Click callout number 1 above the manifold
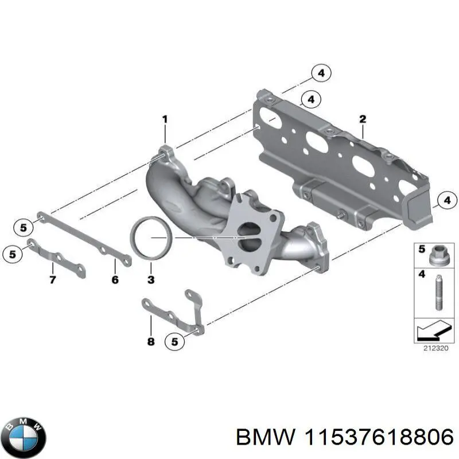point(164,119)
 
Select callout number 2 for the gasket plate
point(362,119)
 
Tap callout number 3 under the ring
point(150,280)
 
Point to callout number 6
point(114,280)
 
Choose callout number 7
point(52,280)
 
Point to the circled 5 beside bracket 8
point(175,341)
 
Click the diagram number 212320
point(430,348)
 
